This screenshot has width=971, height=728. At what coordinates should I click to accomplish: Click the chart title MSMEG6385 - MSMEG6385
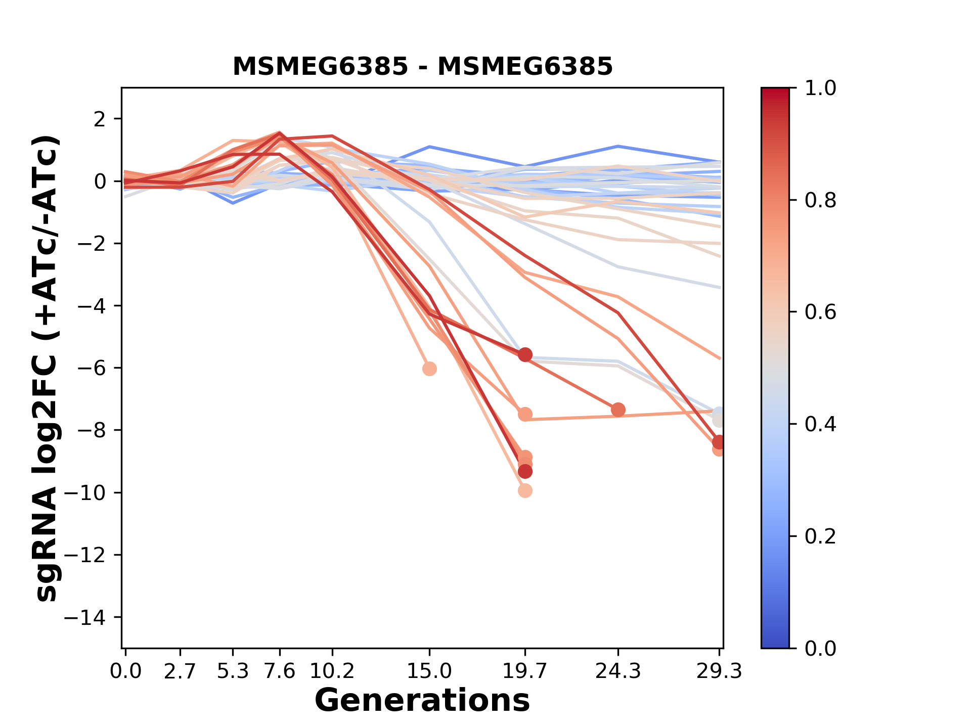(422, 66)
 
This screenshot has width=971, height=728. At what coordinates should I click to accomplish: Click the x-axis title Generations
(422, 701)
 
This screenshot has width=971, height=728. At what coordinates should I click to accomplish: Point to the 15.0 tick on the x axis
(429, 671)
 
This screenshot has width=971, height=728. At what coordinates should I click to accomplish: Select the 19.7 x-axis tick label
(524, 671)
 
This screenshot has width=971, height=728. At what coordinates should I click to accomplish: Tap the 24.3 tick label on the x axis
(617, 671)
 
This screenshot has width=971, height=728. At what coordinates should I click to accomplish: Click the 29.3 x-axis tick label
(719, 671)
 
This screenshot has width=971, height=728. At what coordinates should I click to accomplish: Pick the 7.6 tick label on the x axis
(280, 671)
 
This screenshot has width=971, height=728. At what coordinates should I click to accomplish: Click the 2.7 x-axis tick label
(180, 671)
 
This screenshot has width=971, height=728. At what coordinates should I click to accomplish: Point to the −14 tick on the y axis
(92, 617)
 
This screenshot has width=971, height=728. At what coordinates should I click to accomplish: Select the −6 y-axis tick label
(92, 368)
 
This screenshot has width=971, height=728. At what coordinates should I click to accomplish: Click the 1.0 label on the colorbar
(820, 88)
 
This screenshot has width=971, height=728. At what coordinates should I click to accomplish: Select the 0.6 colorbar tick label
(820, 312)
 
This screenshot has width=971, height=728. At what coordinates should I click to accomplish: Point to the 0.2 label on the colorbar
(820, 536)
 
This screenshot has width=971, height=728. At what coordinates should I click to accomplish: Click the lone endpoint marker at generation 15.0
(429, 369)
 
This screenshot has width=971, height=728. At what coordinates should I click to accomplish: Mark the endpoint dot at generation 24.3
(618, 410)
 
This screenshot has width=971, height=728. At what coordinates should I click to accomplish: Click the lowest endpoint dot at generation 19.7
(525, 490)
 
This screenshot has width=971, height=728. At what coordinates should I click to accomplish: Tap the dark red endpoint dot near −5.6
(525, 355)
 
